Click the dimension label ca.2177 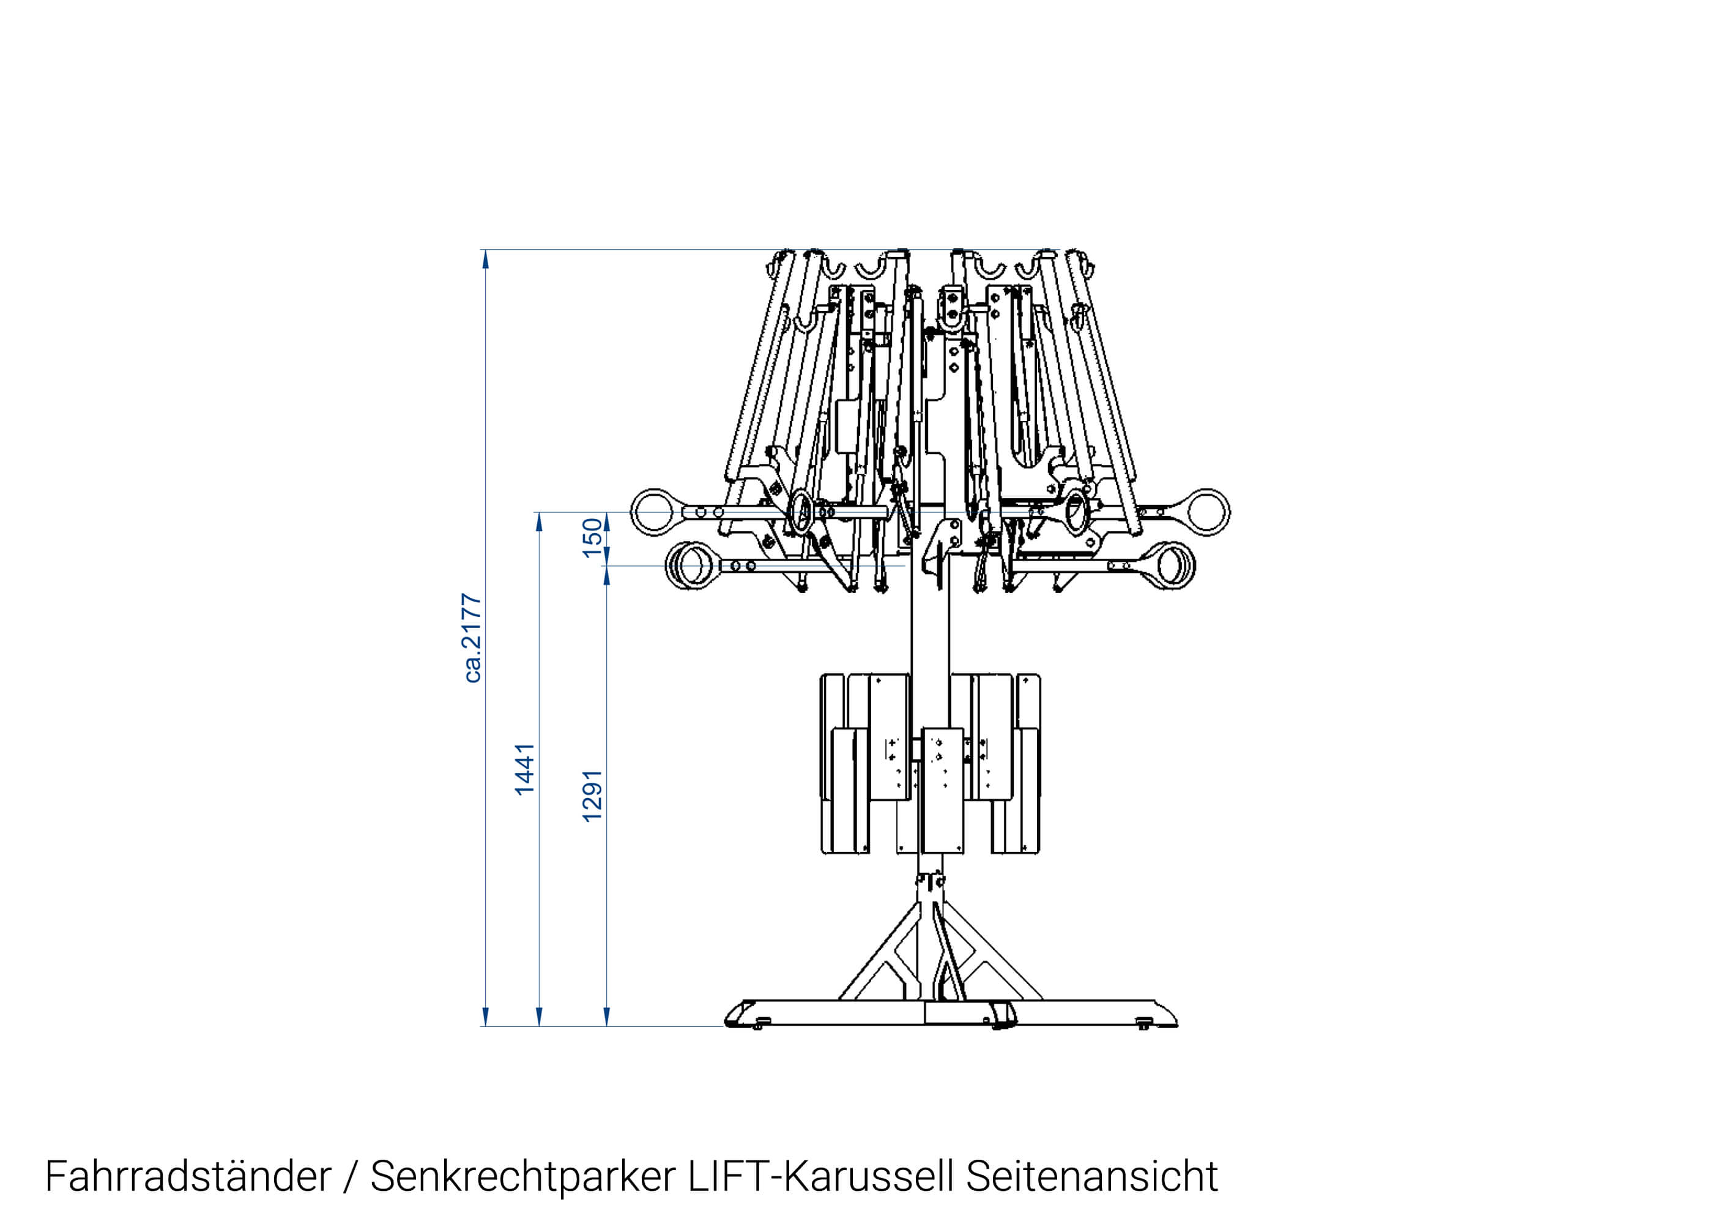coord(472,638)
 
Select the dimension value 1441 coord(525,769)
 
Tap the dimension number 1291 coord(593,796)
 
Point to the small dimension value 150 coord(593,537)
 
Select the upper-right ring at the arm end coord(1208,512)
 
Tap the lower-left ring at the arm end coord(689,565)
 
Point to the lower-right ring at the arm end coord(1172,565)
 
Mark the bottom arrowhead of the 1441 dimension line coord(538,1017)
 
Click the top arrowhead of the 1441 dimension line coord(538,521)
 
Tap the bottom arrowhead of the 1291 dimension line coord(606,1017)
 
